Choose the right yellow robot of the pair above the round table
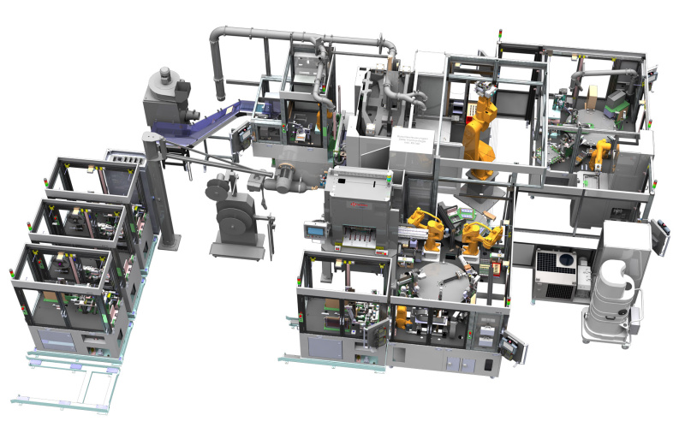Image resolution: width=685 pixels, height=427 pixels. point(479,235)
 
